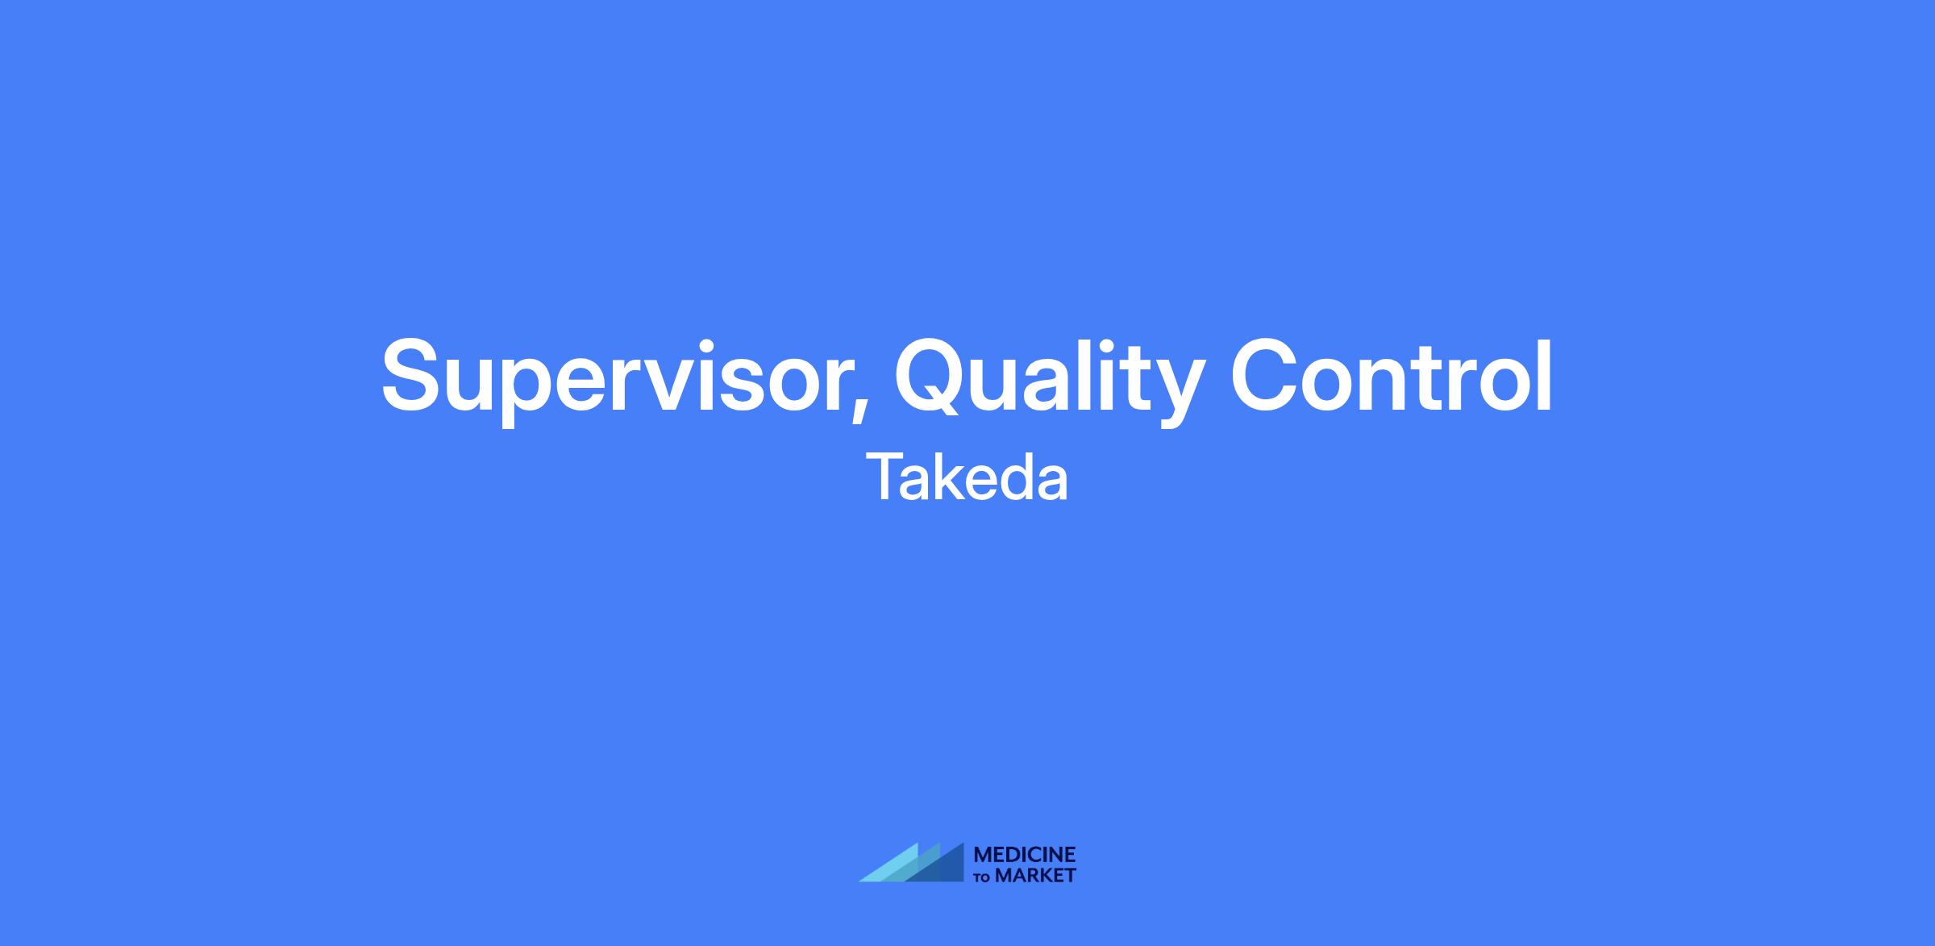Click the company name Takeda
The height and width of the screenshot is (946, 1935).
tap(967, 477)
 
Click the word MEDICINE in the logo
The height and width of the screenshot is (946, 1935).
tap(1025, 854)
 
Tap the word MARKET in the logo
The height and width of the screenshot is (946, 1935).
tap(1035, 875)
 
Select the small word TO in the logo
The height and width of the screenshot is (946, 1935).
tap(983, 877)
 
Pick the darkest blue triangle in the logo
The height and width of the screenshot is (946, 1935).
tap(943, 867)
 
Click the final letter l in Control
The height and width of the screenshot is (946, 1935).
tap(1546, 373)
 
